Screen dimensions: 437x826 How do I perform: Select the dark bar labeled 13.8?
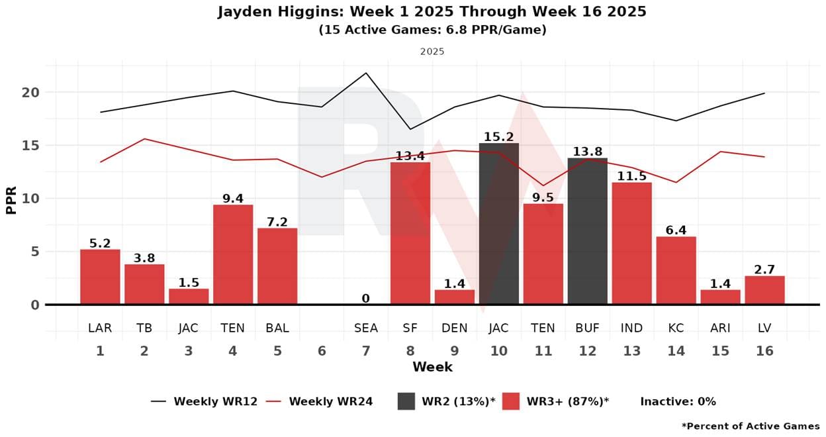point(587,231)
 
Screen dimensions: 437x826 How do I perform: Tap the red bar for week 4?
point(232,254)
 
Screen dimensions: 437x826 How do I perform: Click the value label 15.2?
point(498,136)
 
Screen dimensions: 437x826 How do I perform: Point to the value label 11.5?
point(631,176)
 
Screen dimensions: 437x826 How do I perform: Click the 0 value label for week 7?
point(365,299)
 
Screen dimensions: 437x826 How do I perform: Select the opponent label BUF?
point(587,328)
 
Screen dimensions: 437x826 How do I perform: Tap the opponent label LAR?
point(100,328)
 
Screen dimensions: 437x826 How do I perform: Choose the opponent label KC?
point(676,328)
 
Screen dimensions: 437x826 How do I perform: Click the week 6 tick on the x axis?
point(322,351)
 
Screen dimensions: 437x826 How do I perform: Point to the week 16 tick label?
point(764,351)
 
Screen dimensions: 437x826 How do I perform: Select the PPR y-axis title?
point(11,199)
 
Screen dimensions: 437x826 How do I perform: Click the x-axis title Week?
point(432,367)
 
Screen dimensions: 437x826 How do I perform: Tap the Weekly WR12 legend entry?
point(204,401)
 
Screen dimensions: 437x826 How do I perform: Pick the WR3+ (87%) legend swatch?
point(510,401)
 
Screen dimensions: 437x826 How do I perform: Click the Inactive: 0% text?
point(678,401)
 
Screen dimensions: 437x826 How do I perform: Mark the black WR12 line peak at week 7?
point(366,73)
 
